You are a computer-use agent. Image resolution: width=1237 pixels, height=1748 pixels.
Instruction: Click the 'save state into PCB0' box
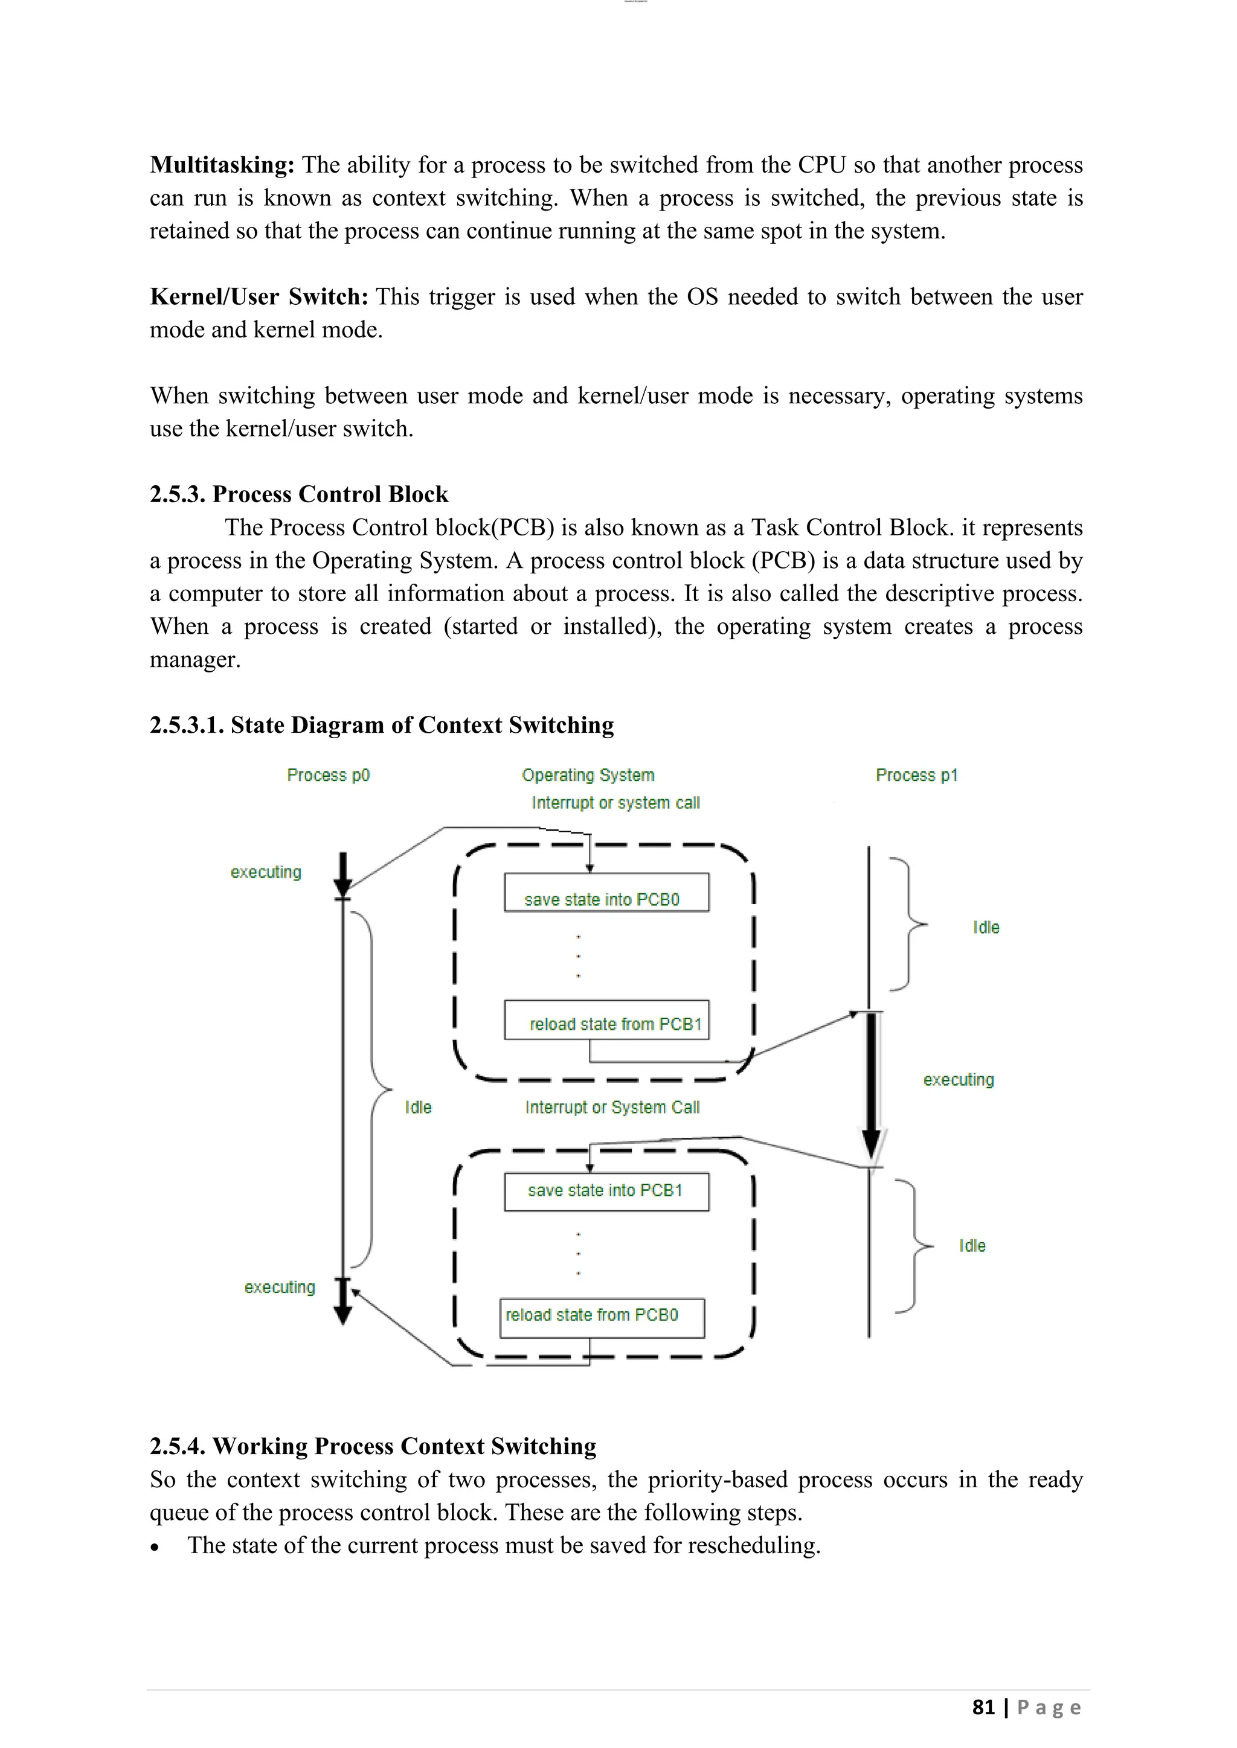(606, 892)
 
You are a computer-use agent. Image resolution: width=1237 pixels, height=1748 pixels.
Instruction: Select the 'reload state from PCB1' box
(606, 1020)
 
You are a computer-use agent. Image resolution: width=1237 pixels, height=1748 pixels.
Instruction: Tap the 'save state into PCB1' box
(606, 1191)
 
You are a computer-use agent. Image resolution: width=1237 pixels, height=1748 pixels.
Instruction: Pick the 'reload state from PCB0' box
(602, 1318)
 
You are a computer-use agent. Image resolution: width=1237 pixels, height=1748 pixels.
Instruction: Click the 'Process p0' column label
(329, 775)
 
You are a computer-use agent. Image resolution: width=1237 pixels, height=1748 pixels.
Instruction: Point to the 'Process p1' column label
(916, 775)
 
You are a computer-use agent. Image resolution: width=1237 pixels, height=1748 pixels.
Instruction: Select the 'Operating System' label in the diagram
(588, 775)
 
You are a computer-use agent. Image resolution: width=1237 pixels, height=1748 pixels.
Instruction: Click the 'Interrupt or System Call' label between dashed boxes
(612, 1107)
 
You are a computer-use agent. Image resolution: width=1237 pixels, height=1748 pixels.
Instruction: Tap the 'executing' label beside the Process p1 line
(958, 1080)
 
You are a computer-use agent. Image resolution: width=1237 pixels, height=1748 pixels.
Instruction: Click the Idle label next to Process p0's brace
(418, 1107)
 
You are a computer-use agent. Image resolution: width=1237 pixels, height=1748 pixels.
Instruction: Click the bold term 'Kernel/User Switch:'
(259, 297)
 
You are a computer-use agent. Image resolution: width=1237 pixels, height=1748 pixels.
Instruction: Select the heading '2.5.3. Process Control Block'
(298, 494)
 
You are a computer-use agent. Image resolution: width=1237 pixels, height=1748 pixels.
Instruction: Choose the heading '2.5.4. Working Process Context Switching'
(373, 1446)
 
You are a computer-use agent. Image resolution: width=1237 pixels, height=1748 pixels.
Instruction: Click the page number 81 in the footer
(983, 1707)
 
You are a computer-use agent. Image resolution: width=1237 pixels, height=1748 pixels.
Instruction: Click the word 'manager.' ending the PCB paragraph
(195, 659)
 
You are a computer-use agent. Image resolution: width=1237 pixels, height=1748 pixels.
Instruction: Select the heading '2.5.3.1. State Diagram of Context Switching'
(382, 725)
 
